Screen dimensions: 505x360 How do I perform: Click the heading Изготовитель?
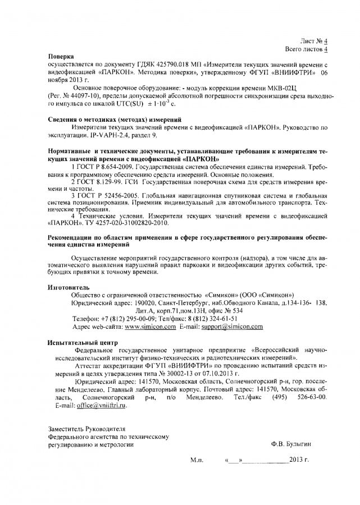pos(69,287)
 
